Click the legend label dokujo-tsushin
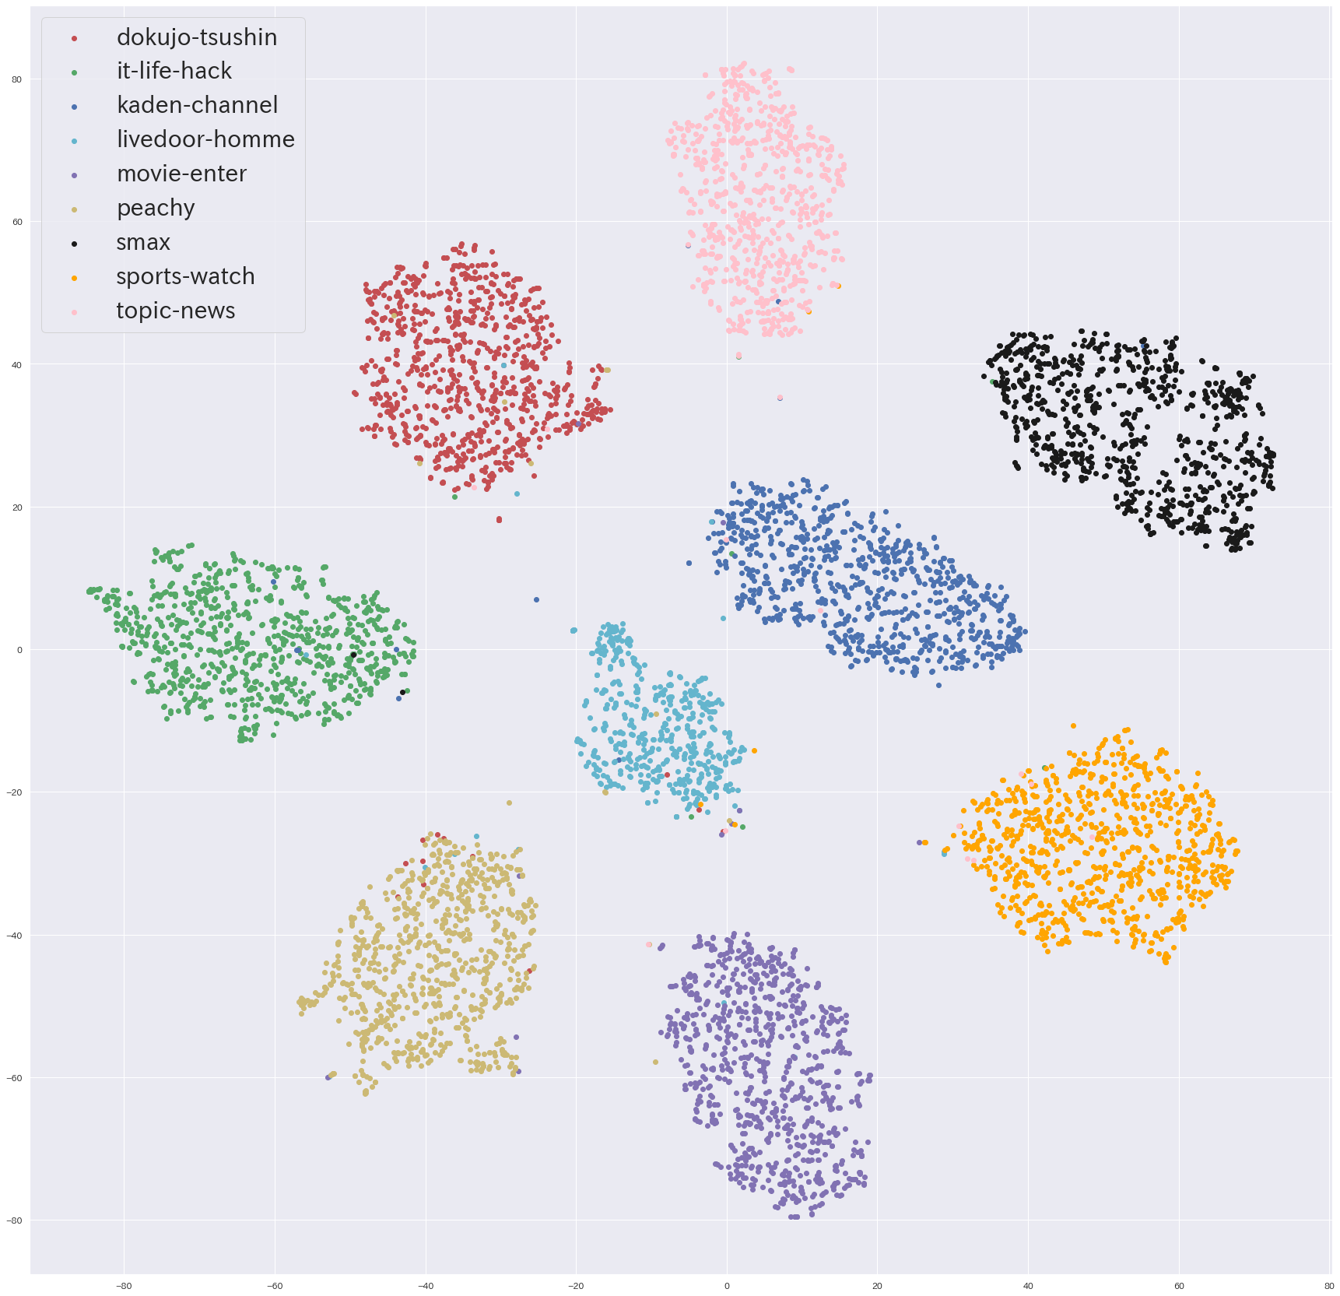196,37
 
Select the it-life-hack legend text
174,71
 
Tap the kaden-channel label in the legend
197,105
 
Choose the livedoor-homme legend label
205,139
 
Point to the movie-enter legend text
181,174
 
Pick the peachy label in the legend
156,208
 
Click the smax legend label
143,243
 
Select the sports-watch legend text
185,276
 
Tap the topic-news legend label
175,311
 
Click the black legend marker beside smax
75,244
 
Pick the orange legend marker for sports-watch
75,278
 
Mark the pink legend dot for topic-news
75,312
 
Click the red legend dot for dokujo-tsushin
75,38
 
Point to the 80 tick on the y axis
16,79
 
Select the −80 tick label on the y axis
15,1220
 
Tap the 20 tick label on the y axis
16,508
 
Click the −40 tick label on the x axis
425,1286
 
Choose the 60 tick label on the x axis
1179,1286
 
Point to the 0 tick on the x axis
727,1286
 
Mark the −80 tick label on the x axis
123,1286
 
